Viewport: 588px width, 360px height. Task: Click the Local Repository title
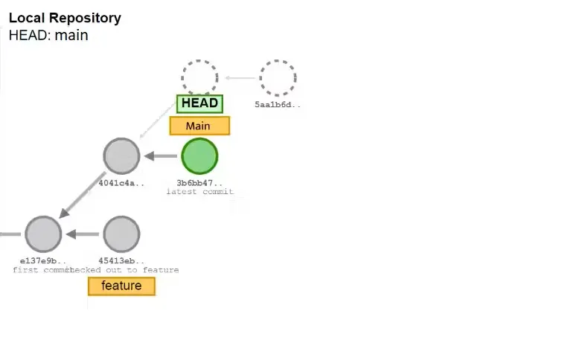click(x=65, y=18)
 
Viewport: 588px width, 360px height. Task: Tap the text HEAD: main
click(x=48, y=35)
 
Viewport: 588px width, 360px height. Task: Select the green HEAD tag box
click(x=199, y=103)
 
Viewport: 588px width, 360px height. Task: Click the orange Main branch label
click(x=199, y=126)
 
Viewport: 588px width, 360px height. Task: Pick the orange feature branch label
click(x=121, y=286)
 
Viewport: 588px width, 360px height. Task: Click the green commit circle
click(x=199, y=156)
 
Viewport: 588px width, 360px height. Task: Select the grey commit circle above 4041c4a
click(x=121, y=156)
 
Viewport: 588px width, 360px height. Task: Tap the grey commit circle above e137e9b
click(x=43, y=234)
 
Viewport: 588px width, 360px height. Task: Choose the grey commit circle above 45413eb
click(x=121, y=234)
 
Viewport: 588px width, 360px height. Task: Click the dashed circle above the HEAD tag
click(x=199, y=77)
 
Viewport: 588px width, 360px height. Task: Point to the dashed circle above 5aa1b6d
click(x=278, y=77)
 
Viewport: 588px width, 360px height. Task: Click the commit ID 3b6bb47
click(x=199, y=182)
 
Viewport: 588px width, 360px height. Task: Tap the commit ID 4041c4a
click(x=121, y=182)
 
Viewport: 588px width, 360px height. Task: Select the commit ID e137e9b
click(x=43, y=260)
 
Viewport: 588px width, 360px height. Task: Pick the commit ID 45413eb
click(x=121, y=260)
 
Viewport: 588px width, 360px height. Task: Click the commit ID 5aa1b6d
click(x=278, y=105)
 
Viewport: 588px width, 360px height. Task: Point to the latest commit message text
click(x=199, y=192)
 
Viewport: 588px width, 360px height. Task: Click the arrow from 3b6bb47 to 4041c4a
click(x=160, y=156)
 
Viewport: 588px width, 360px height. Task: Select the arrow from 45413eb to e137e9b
click(x=83, y=234)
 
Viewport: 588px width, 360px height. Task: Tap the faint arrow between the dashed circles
click(x=239, y=77)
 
